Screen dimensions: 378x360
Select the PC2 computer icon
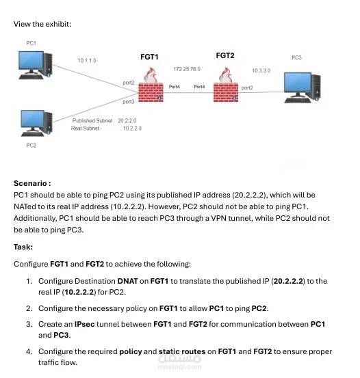[x=36, y=124]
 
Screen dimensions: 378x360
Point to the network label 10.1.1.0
[x=87, y=60]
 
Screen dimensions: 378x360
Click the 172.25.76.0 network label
[x=187, y=69]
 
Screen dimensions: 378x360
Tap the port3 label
[x=128, y=102]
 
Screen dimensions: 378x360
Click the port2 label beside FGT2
[x=247, y=87]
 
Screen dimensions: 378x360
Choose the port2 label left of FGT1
[x=128, y=82]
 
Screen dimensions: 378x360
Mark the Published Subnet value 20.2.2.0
[x=129, y=120]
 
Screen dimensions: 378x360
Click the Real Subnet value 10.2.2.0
[x=131, y=128]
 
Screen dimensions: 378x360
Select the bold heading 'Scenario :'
[x=32, y=183]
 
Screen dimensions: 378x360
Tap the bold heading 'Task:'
[x=24, y=247]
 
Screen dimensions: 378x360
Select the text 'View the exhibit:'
[x=42, y=24]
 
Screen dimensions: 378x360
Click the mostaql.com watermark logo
[x=180, y=361]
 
